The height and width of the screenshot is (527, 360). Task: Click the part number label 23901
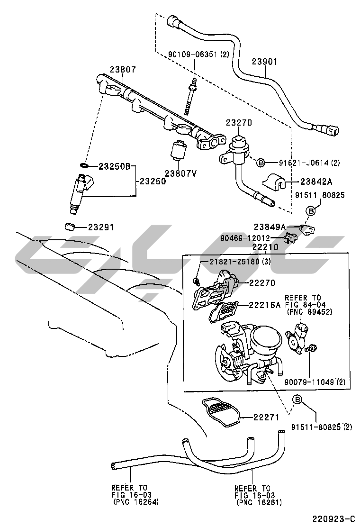(264, 62)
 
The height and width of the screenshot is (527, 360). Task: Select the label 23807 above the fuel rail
(123, 69)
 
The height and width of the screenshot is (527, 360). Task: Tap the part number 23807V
(180, 173)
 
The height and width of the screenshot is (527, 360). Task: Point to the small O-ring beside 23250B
(84, 165)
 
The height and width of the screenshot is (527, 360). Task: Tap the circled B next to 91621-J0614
(260, 163)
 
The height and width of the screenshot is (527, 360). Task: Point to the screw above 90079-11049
(309, 349)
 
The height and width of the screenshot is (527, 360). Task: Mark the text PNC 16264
(135, 502)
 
